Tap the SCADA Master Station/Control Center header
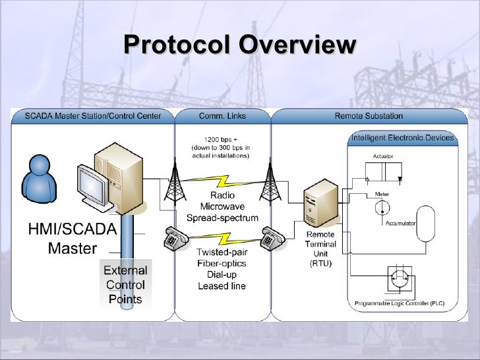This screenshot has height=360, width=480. [x=92, y=116]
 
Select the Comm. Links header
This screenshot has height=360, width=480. [x=222, y=116]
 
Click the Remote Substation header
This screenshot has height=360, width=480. [x=369, y=116]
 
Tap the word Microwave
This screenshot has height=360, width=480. [x=222, y=207]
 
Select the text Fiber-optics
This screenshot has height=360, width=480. [x=222, y=264]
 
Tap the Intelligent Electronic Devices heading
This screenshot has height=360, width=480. [x=402, y=138]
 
